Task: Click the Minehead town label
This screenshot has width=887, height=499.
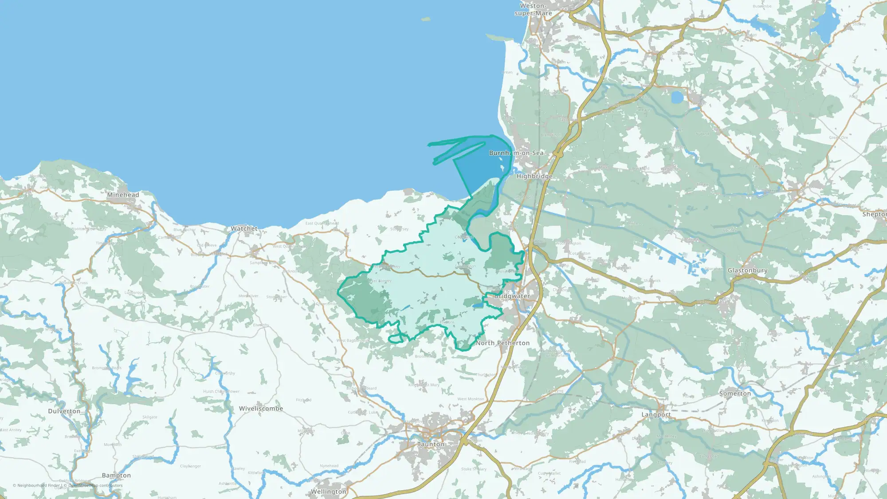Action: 123,195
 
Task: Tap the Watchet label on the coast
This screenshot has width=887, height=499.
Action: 244,228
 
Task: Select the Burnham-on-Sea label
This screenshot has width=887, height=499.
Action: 516,153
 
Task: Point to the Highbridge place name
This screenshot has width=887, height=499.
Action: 534,176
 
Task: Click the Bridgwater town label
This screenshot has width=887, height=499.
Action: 512,296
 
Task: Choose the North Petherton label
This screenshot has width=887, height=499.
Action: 502,343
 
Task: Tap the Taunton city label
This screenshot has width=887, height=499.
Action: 431,444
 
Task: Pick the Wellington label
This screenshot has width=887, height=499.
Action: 328,491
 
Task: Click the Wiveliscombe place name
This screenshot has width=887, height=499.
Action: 261,409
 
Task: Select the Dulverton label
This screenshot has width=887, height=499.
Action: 64,411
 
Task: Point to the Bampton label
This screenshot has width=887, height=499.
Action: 116,475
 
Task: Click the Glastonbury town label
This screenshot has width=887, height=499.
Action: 747,270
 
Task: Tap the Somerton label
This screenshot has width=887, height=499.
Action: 735,393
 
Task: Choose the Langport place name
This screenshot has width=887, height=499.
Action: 656,415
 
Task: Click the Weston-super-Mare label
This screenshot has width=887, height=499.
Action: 533,9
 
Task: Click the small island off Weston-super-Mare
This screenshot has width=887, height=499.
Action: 425,19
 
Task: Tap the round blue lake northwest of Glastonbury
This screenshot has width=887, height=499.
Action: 677,97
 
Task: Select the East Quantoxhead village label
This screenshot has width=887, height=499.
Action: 322,223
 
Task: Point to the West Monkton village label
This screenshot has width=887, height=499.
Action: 471,399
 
